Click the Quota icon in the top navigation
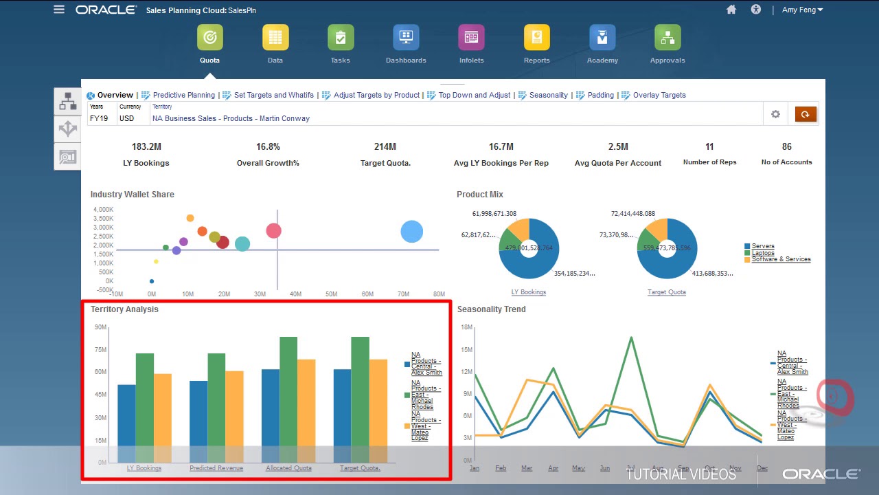(209, 38)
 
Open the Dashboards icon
(406, 38)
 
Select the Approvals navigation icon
(667, 38)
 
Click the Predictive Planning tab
(183, 95)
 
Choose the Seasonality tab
(548, 95)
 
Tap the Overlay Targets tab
(659, 95)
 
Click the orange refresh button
(806, 114)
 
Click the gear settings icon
(775, 114)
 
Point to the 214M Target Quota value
(385, 146)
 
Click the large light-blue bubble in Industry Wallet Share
(411, 232)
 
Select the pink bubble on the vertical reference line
(273, 231)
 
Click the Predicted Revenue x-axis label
(216, 468)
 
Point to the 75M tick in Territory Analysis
(100, 350)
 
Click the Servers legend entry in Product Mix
(763, 245)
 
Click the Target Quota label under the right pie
(666, 292)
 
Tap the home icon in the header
(731, 10)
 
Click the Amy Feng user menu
(802, 10)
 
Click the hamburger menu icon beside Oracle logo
(59, 10)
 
